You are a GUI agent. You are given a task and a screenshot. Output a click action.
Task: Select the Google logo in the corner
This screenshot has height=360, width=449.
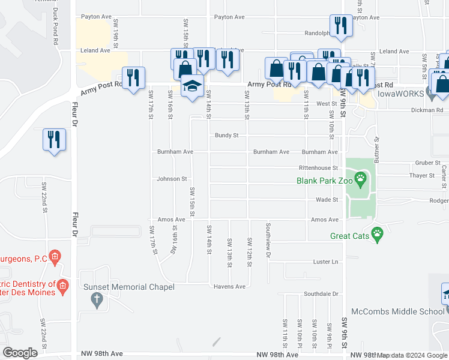[x=20, y=352]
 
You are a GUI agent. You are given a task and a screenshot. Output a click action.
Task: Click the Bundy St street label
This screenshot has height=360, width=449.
[x=227, y=136]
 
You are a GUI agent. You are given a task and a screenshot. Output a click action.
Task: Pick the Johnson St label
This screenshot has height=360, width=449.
[x=172, y=179]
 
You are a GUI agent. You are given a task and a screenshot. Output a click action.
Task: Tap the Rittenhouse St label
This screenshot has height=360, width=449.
[x=319, y=168]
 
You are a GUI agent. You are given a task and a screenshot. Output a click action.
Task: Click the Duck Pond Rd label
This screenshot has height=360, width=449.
[x=55, y=30]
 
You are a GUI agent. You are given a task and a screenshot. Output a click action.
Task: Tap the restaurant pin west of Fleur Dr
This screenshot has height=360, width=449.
[x=54, y=140]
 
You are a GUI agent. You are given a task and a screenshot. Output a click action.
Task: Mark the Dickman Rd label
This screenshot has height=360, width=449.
[x=427, y=110]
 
